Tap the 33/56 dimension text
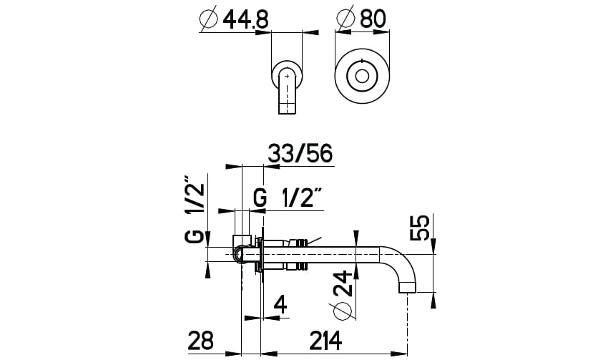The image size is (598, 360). [x=300, y=155]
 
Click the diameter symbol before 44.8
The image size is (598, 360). [x=208, y=19]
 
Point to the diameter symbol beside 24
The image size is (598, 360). [x=344, y=311]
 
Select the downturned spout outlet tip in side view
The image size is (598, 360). [x=408, y=288]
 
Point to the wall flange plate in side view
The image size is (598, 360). [x=262, y=254]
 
